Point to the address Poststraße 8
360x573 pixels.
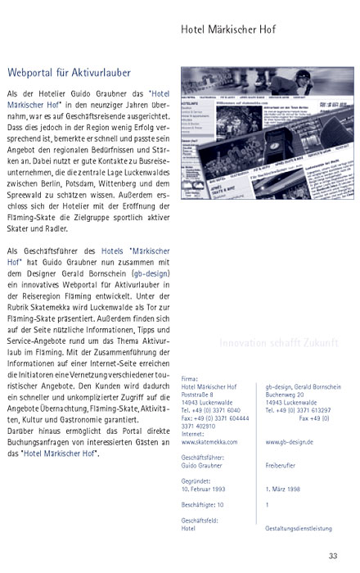(200, 394)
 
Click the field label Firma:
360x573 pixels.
(190, 379)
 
